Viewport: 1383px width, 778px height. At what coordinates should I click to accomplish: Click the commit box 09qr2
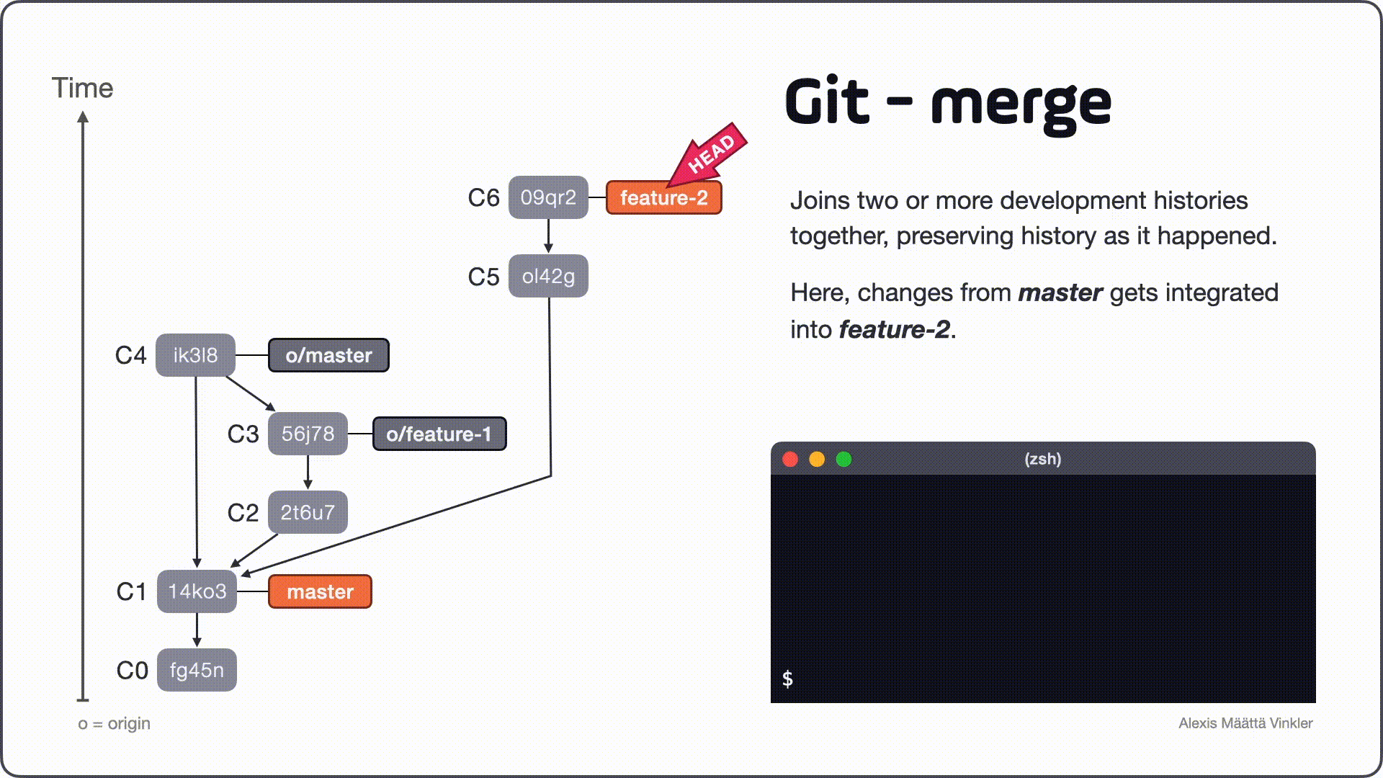(548, 197)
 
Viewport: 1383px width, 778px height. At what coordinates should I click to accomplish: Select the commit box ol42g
(548, 276)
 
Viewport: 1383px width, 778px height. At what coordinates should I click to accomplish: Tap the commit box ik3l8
(195, 355)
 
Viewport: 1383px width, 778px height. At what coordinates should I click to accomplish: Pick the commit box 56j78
(308, 434)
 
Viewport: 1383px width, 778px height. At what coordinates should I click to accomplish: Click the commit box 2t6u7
(308, 512)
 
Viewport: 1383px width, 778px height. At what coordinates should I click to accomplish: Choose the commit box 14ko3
(197, 591)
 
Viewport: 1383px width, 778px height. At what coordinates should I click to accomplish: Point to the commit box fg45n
(197, 670)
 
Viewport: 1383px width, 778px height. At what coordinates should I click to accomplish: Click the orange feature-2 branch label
(663, 198)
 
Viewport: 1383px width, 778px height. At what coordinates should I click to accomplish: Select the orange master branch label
(320, 591)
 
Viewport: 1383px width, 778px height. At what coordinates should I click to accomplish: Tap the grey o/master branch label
(328, 355)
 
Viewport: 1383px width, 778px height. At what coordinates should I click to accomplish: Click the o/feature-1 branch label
(439, 434)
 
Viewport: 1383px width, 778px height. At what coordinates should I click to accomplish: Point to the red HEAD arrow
(710, 154)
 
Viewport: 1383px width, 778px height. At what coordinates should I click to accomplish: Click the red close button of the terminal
(790, 460)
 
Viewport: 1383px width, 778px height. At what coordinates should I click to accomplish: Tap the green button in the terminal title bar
(843, 460)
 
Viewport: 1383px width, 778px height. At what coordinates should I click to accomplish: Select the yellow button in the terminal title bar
(817, 460)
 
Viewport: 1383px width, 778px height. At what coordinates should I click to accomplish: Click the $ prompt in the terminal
(787, 679)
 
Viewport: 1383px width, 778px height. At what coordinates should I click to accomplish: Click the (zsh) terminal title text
(1042, 459)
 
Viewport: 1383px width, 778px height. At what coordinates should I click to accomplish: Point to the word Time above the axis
(82, 88)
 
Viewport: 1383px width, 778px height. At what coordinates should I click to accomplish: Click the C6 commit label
(483, 197)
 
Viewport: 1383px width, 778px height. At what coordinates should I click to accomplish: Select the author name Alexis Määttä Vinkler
(1245, 723)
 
